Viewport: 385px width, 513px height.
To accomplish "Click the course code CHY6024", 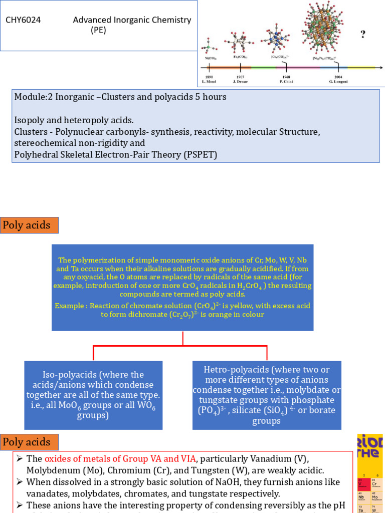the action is click(x=23, y=21).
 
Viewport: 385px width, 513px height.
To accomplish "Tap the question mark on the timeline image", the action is click(x=362, y=34).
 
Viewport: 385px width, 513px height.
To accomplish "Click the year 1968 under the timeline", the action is click(x=286, y=77).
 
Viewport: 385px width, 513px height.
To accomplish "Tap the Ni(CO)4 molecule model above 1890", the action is click(x=209, y=50).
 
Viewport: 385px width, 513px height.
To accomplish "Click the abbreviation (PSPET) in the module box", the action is click(x=199, y=154).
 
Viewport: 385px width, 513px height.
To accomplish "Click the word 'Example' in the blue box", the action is click(x=70, y=306).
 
